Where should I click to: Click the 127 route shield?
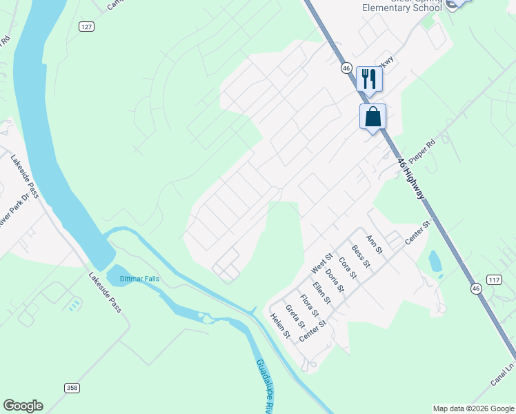click(x=86, y=26)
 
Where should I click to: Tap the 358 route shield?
click(x=72, y=388)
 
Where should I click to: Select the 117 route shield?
click(x=493, y=279)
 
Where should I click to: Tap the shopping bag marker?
click(x=373, y=116)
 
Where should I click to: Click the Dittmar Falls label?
click(x=139, y=279)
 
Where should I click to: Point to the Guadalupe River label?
click(x=263, y=386)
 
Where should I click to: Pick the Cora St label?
click(x=348, y=268)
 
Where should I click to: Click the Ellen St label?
click(x=321, y=293)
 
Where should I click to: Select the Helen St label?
click(x=279, y=326)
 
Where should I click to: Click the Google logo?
click(x=23, y=406)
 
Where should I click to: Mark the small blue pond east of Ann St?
click(x=435, y=262)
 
